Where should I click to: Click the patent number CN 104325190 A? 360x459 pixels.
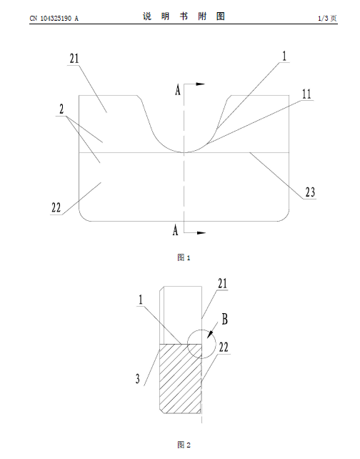54,19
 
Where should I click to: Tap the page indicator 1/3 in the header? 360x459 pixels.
323,19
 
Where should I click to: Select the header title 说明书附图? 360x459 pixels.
184,16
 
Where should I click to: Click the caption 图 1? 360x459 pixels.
184,257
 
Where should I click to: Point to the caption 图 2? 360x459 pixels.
184,445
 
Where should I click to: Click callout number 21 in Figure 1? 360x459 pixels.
74,59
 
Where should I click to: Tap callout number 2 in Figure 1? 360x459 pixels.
61,109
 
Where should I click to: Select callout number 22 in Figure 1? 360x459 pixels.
56,208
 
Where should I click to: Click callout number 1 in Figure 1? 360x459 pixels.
284,56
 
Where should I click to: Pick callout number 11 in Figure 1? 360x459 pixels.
306,94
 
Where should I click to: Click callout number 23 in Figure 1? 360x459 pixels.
310,192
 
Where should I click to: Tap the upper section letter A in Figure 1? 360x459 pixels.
178,89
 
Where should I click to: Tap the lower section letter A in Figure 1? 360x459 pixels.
175,230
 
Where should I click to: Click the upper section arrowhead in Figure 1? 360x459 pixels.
200,84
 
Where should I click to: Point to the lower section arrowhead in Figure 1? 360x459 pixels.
201,233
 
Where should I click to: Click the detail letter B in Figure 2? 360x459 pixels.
224,319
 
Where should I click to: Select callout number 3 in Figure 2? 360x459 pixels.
138,379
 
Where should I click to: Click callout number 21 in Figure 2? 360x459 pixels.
223,283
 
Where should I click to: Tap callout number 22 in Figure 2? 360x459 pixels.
224,347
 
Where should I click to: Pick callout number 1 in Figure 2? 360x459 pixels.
141,300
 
